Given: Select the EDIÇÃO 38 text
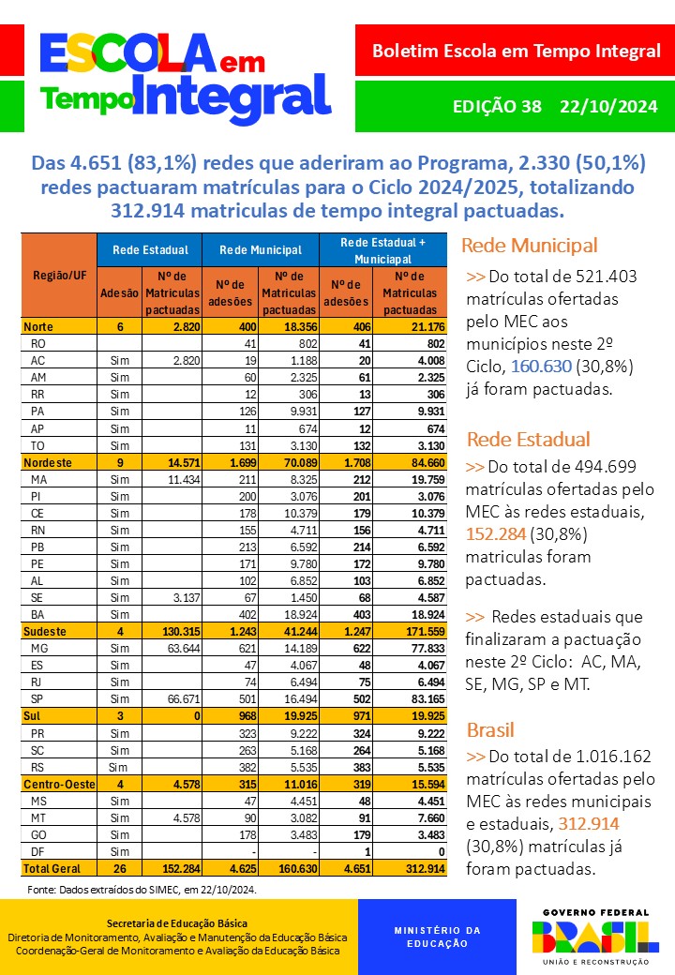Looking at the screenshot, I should point(497,106).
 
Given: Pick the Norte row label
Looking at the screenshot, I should point(39,326).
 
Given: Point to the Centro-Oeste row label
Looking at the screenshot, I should point(58,784).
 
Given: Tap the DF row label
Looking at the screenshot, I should point(38,851).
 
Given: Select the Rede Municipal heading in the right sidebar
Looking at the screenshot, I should point(529,247).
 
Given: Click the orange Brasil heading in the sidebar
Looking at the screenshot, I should point(490,730).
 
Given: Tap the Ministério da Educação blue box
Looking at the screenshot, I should point(437,937).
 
